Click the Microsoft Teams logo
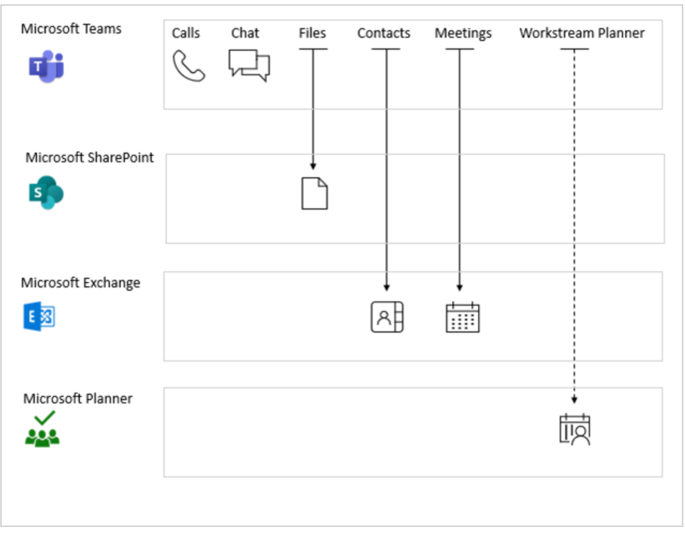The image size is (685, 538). pos(47,67)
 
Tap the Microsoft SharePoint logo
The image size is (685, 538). pos(46,193)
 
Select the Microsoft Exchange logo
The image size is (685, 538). pos(39,316)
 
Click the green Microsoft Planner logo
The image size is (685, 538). pos(42,429)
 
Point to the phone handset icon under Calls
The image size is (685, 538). pos(188,66)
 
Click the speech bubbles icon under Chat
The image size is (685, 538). pos(249,65)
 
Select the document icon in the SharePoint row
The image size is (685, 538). pos(314,193)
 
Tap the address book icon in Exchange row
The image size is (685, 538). pos(387,317)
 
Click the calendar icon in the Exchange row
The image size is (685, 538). pos(462,318)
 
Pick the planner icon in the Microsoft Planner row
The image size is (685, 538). pos(575,429)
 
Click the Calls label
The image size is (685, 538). pos(186,33)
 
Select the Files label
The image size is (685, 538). pos(312,33)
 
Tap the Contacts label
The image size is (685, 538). pos(384,33)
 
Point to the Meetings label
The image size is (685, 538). pos(463,34)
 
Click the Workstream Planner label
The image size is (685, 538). pos(582,33)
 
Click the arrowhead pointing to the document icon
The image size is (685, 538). pos(313,166)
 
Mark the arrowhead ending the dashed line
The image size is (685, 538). pos(574,400)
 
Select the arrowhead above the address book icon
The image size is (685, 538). pos(386,288)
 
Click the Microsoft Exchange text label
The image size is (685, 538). pos(81,283)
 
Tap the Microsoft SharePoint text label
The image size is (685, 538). pos(90,157)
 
